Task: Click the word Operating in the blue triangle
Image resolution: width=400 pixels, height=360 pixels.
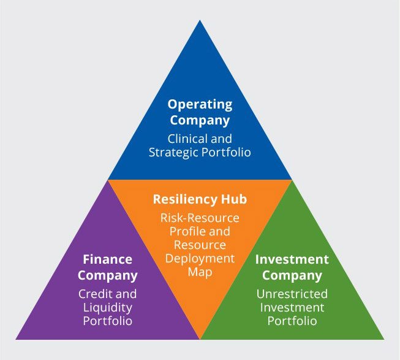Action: [200, 104]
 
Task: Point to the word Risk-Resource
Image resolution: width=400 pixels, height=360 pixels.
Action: [200, 218]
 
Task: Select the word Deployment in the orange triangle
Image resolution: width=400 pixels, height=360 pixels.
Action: [200, 259]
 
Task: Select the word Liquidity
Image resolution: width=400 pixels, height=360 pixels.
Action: [108, 307]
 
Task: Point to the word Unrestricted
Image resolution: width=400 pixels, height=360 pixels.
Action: [292, 294]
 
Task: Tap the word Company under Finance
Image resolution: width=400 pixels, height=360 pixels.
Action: [108, 275]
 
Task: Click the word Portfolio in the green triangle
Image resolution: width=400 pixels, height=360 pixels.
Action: [292, 321]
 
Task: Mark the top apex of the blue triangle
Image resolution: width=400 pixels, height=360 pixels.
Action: [200, 20]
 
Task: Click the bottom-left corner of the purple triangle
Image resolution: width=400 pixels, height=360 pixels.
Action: [16, 339]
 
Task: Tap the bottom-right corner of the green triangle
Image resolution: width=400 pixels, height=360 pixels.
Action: [384, 339]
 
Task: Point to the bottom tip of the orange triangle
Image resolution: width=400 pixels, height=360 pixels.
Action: [200, 338]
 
